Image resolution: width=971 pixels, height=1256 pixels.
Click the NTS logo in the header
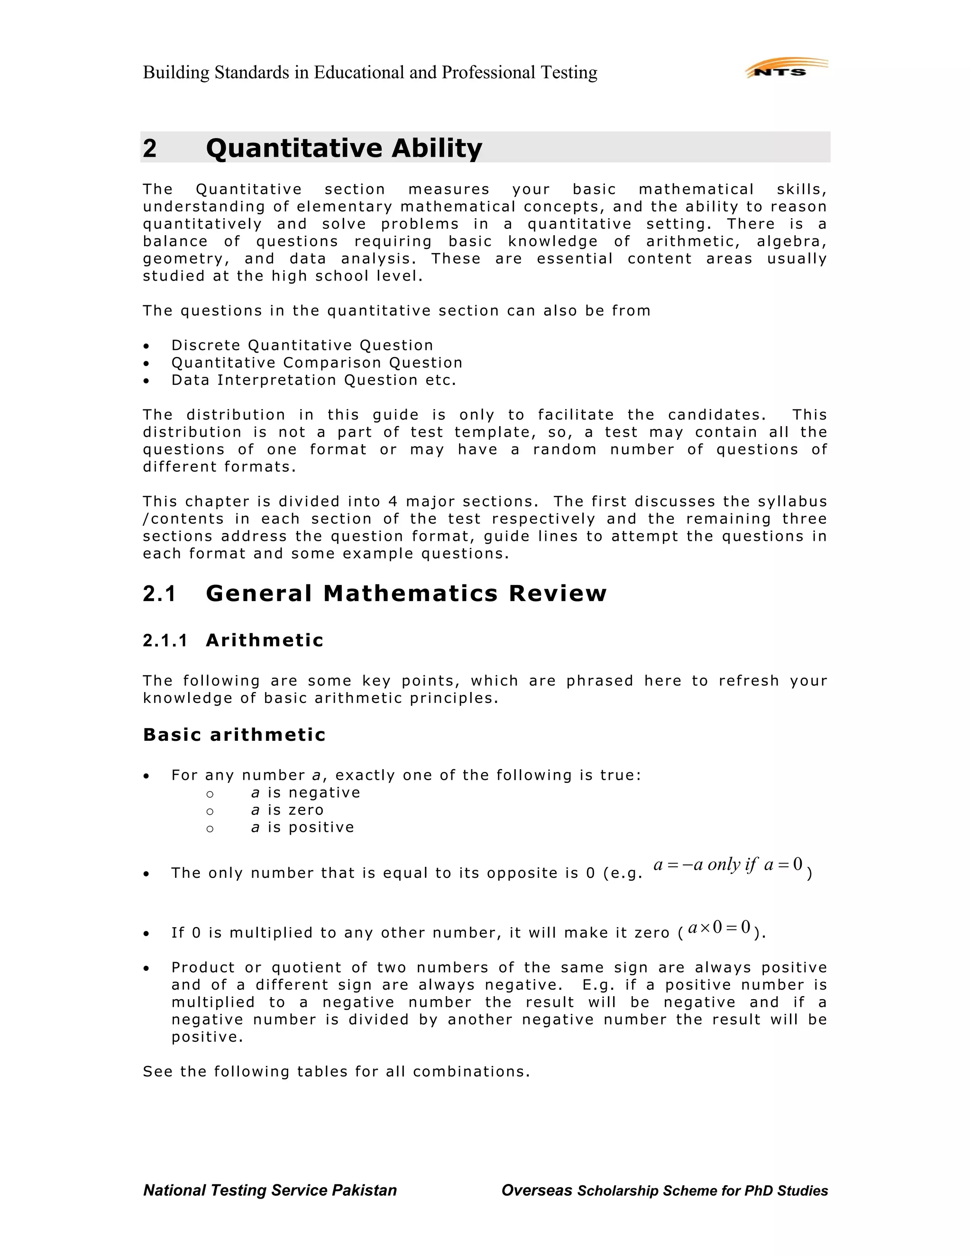786,69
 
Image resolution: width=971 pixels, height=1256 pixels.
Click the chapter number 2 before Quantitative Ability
149,148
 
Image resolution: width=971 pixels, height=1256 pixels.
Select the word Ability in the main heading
437,148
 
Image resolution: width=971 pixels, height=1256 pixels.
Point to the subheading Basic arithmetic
234,735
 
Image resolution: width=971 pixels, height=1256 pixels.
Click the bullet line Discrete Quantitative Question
302,346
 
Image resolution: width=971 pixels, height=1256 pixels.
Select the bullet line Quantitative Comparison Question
316,363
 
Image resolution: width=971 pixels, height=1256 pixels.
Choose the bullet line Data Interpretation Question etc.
313,380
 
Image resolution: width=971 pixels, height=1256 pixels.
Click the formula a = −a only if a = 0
728,865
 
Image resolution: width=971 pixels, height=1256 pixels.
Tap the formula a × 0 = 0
719,927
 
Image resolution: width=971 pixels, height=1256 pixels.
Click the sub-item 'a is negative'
305,793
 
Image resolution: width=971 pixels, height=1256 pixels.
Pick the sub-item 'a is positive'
302,828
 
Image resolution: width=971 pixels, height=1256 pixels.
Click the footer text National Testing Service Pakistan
270,1191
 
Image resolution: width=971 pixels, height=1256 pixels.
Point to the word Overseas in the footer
536,1191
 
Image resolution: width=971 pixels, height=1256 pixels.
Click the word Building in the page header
176,73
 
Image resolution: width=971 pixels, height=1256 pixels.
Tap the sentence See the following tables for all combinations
336,1072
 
